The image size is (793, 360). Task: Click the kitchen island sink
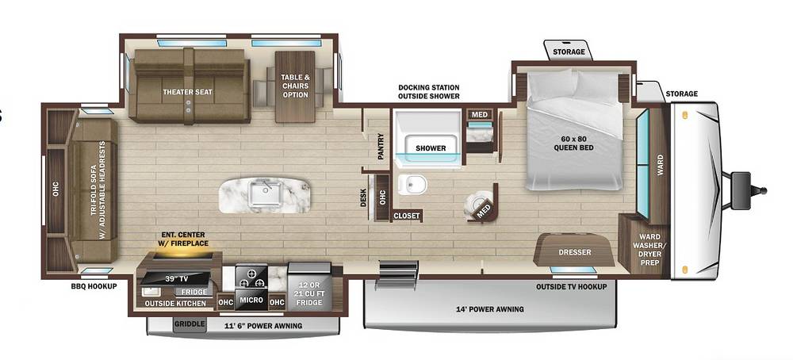(266, 194)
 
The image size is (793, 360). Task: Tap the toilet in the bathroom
(412, 185)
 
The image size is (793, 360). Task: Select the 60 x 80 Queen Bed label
(573, 143)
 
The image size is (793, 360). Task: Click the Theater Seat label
(188, 92)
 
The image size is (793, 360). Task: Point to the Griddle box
(190, 324)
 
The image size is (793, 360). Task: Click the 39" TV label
(174, 278)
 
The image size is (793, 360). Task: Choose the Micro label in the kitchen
(251, 301)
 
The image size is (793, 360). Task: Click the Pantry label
(381, 147)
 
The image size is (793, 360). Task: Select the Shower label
(431, 148)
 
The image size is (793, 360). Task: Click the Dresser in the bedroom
(574, 251)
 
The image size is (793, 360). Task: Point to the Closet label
(407, 216)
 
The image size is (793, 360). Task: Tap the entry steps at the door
(396, 275)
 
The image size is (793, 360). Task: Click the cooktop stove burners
(251, 277)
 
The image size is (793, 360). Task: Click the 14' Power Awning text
(491, 309)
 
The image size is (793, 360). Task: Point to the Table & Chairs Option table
(295, 86)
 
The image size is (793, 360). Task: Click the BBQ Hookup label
(94, 286)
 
